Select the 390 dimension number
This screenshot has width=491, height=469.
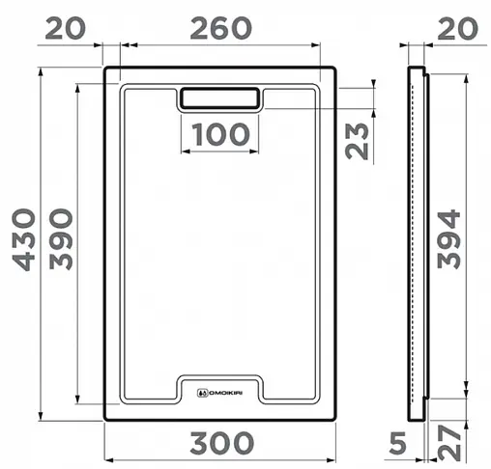(x=61, y=241)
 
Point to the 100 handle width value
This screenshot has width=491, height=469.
(x=219, y=134)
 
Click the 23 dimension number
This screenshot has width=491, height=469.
(x=358, y=140)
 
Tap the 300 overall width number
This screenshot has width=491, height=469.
(x=221, y=445)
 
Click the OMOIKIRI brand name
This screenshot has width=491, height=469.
(x=224, y=393)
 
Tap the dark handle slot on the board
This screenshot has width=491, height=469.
(x=219, y=97)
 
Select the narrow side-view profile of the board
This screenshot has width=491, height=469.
(x=418, y=241)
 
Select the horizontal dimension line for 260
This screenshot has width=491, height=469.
(x=219, y=44)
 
